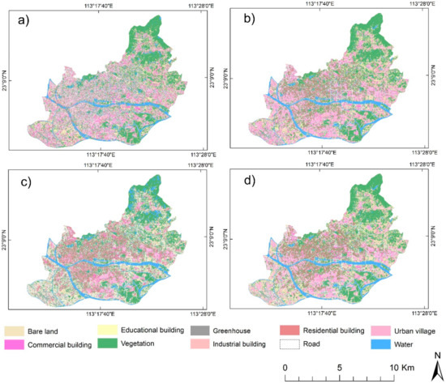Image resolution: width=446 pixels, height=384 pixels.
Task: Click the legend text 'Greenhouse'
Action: coord(235,331)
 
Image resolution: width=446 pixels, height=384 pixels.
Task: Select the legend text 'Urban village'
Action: coord(411,331)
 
